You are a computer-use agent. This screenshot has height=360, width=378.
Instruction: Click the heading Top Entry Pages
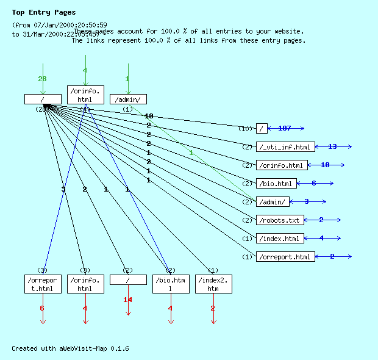[x=44, y=12]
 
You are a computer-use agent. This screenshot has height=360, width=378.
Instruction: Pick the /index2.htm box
[x=213, y=284]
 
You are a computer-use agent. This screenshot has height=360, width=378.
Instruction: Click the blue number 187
[x=285, y=128]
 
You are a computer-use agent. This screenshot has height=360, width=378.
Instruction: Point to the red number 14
[x=128, y=300]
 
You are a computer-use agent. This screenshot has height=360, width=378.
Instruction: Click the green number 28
[x=43, y=79]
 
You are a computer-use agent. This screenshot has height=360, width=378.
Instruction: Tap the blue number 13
[x=332, y=146]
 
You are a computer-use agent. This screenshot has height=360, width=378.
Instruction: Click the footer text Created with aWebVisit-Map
[x=70, y=348]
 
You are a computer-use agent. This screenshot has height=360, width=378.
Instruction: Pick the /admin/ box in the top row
[x=128, y=99]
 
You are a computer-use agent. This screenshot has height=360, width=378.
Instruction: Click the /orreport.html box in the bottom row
[x=43, y=284]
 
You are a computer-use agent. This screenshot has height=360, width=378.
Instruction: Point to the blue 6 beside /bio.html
[x=314, y=183]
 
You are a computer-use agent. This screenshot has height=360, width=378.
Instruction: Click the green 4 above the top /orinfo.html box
[x=85, y=70]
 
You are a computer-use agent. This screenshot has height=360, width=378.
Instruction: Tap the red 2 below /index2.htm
[x=213, y=308]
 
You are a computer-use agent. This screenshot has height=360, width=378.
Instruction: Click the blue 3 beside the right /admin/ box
[x=306, y=201]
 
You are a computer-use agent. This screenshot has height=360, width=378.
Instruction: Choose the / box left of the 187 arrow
[x=262, y=128]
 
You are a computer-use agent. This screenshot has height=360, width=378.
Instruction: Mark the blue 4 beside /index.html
[x=321, y=238]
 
